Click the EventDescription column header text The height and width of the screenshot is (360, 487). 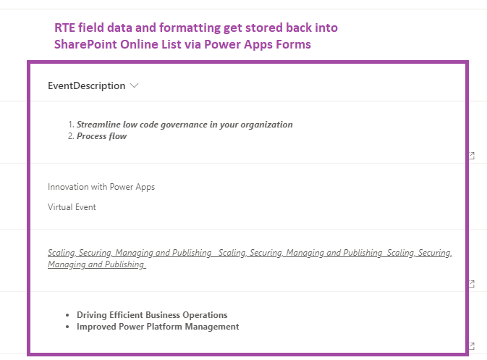[x=86, y=85]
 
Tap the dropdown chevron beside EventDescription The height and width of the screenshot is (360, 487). [x=134, y=85]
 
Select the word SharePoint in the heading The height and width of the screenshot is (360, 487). [x=85, y=44]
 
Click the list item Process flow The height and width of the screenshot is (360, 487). [x=101, y=136]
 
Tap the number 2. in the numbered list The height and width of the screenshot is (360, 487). [x=71, y=136]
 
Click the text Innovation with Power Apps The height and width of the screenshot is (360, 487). [x=101, y=187]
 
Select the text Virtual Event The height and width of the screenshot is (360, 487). [x=72, y=207]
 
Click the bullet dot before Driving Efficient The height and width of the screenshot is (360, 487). [x=67, y=315]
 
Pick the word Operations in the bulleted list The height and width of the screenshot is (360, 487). [x=205, y=315]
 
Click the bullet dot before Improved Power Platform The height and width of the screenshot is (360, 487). [x=67, y=327]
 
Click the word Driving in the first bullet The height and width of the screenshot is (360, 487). [x=92, y=315]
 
